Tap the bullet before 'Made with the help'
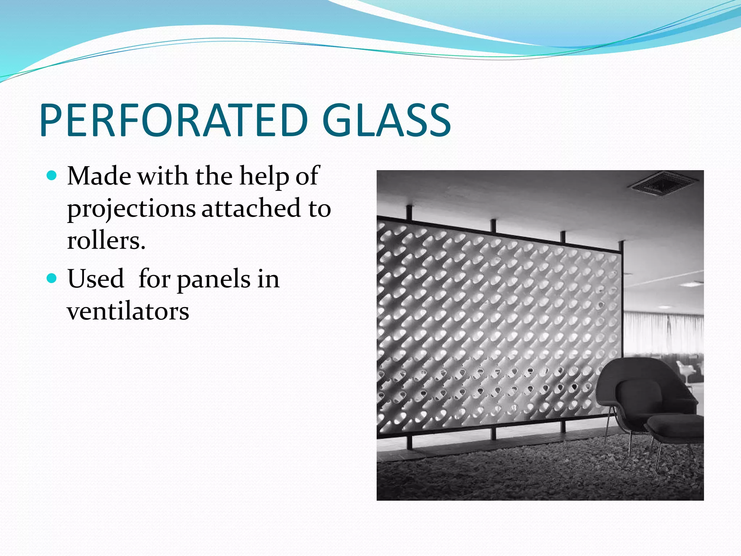(52, 176)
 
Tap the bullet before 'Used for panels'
(52, 278)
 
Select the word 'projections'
(131, 209)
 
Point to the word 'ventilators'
(128, 311)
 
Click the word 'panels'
(213, 280)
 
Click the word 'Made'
(99, 176)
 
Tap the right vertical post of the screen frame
(621, 326)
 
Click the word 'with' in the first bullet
(162, 176)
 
